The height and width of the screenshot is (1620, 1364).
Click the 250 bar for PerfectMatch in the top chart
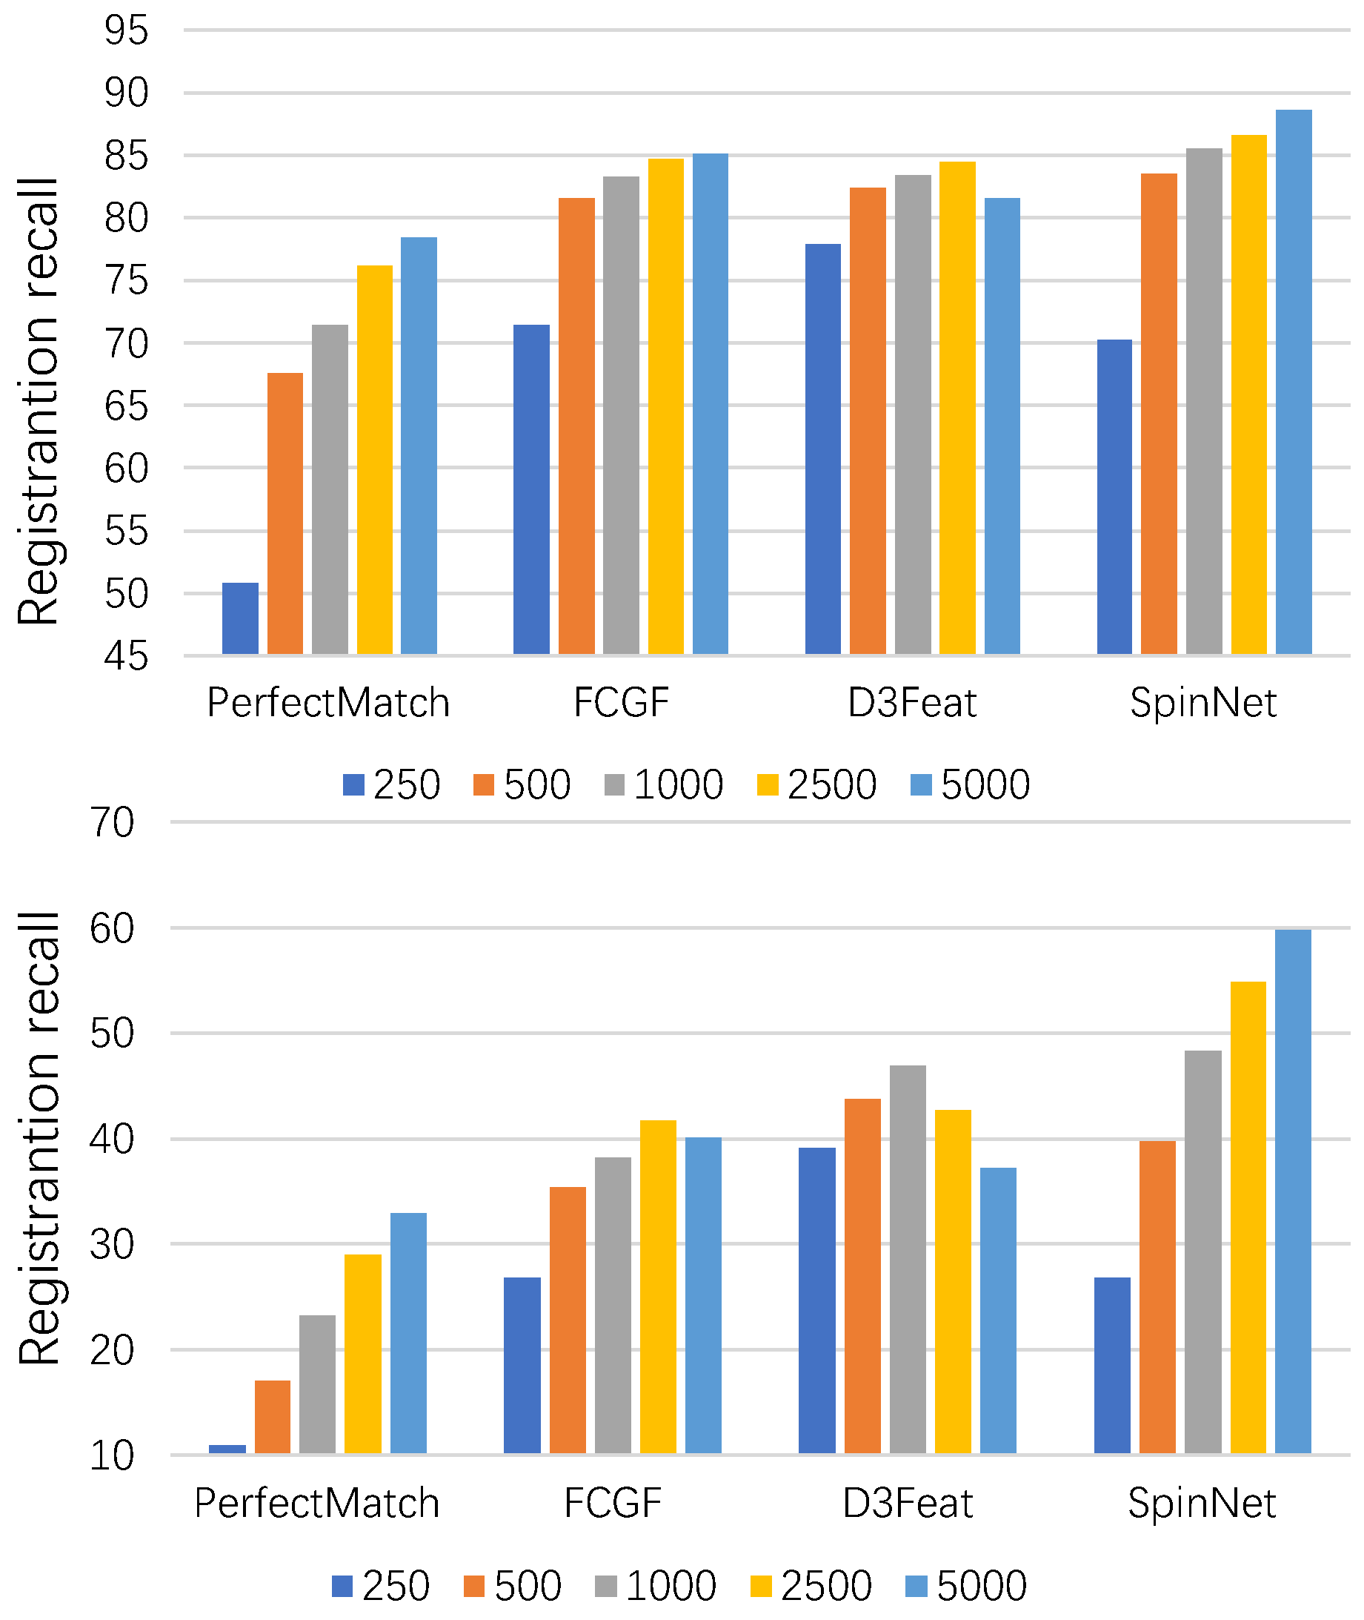click(240, 618)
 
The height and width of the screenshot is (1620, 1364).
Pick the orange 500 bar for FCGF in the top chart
click(576, 426)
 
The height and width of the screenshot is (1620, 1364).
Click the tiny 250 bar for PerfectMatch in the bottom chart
click(227, 1449)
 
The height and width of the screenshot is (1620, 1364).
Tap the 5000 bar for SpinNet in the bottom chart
click(1292, 1191)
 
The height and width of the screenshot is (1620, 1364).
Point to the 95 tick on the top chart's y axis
click(126, 30)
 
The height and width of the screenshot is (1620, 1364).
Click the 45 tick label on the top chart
click(126, 656)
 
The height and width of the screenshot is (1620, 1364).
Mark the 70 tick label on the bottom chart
click(113, 822)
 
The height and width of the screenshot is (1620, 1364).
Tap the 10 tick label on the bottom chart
click(113, 1456)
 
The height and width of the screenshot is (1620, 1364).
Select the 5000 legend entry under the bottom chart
click(966, 1586)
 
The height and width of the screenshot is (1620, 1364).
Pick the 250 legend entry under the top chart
click(391, 784)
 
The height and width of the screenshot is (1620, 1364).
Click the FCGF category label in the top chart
click(621, 702)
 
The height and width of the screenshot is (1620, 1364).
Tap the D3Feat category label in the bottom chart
click(907, 1503)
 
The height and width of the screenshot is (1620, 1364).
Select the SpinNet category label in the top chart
click(1202, 702)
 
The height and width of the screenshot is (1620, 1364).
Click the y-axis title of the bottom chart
click(39, 1137)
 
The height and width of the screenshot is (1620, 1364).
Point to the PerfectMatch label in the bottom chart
click(317, 1503)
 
